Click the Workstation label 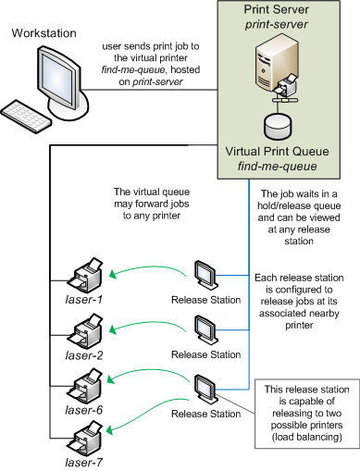(43, 33)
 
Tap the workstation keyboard (26, 116)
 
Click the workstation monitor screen (57, 79)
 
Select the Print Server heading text (276, 9)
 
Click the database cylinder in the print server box (278, 127)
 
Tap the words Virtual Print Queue (277, 152)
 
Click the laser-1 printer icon (84, 276)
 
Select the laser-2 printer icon (84, 331)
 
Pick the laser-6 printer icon (84, 386)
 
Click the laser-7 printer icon (84, 439)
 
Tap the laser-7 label (84, 463)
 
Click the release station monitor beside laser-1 (205, 275)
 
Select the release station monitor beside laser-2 (205, 329)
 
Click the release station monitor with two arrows (205, 389)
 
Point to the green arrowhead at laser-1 (113, 274)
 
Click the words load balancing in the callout (306, 437)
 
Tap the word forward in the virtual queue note (152, 204)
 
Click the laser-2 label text (84, 355)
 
